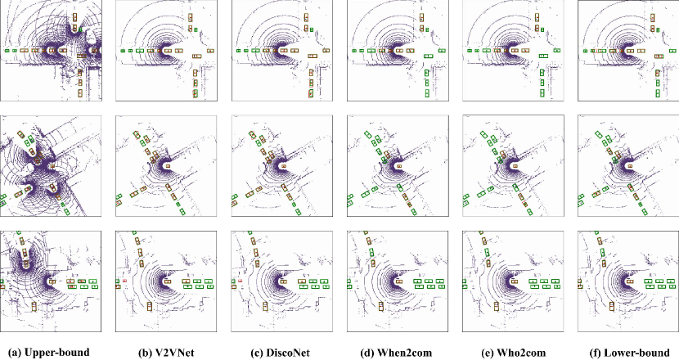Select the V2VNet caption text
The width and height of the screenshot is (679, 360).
coord(173,353)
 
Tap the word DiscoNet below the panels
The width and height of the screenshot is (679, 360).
coord(286,353)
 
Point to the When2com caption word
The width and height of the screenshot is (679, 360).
coord(403,353)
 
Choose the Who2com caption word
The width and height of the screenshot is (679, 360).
coord(519,353)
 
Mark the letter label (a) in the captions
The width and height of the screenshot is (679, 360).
coord(15,353)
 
